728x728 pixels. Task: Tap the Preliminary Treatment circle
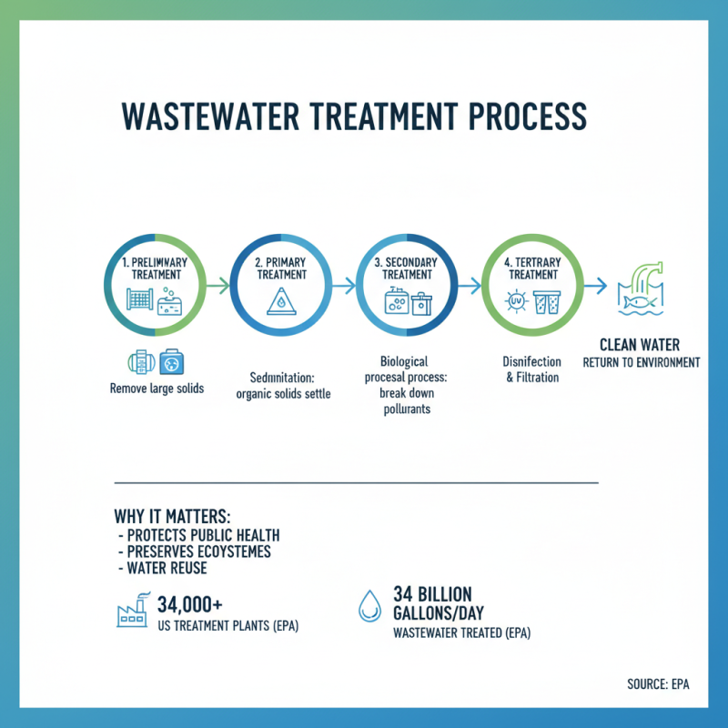point(156,285)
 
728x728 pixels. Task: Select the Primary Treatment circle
point(281,285)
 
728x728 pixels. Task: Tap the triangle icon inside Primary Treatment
point(281,304)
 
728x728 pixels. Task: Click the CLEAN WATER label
point(640,345)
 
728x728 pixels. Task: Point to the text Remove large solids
point(156,389)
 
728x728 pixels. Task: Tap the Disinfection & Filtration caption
point(532,369)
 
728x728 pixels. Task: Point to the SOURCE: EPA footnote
point(658,683)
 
